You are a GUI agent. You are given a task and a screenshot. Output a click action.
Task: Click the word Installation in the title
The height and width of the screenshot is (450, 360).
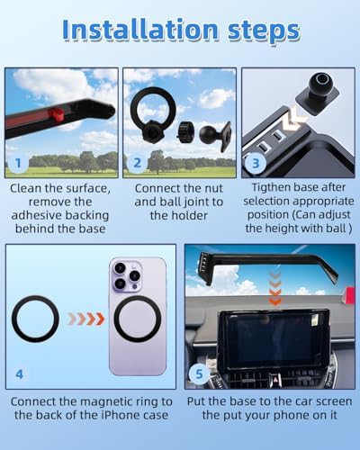point(140,30)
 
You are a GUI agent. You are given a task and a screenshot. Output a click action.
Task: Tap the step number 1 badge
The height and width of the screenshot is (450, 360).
point(18,163)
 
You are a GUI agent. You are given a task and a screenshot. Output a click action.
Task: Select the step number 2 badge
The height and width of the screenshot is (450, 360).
point(137,163)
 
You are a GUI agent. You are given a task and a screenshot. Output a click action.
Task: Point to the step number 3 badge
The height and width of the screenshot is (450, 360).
point(256,163)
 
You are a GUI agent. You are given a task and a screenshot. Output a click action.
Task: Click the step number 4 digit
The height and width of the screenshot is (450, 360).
point(19,374)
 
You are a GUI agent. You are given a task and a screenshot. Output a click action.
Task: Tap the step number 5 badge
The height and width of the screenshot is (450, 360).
point(199,374)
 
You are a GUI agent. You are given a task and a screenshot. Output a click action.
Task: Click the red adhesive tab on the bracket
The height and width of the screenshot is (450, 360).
point(56,114)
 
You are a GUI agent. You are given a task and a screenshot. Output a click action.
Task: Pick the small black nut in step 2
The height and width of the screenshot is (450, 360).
point(185,131)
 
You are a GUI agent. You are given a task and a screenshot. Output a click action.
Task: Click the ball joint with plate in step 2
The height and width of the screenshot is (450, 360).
point(214,136)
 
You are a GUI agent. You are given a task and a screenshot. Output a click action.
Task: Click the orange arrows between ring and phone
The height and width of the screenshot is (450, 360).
point(86,319)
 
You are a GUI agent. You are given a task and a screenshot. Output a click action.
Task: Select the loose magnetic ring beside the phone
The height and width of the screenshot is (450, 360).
point(35,319)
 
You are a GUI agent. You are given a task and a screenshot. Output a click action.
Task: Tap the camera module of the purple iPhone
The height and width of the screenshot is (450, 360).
point(127,276)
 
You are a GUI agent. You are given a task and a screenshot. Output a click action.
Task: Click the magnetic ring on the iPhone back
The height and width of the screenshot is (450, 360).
point(138,319)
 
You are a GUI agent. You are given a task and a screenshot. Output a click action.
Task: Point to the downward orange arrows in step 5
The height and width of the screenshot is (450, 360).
point(275,289)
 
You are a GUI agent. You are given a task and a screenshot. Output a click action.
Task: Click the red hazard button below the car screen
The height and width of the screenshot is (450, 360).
point(274,378)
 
